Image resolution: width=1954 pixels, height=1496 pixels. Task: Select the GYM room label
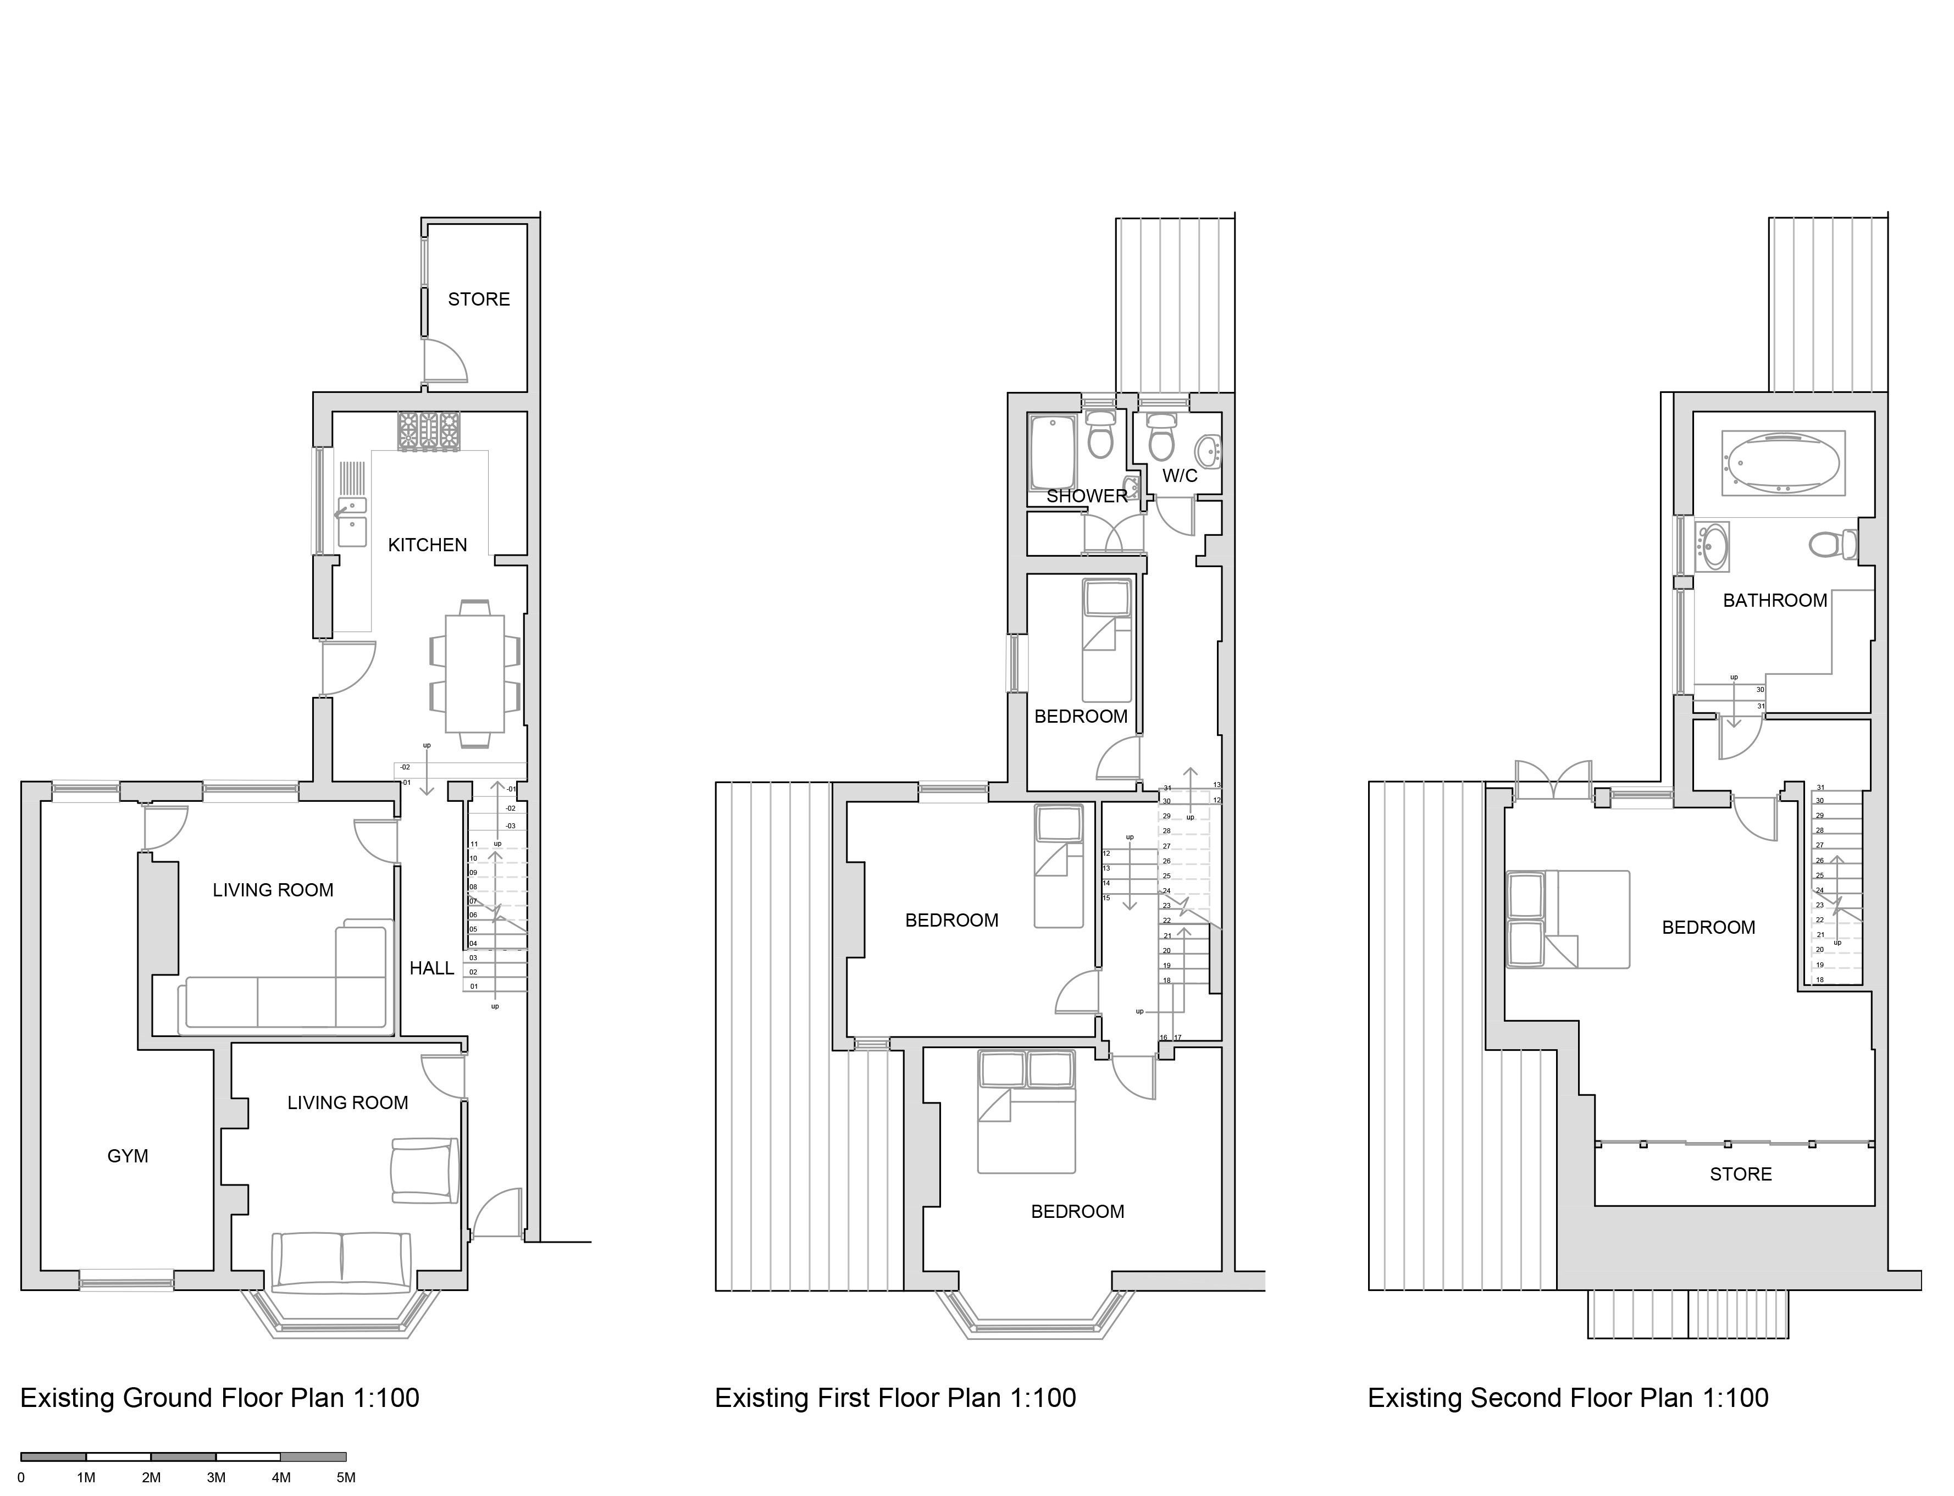click(128, 1156)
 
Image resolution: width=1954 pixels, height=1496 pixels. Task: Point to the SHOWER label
click(1087, 496)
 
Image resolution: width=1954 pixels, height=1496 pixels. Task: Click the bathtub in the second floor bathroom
click(1783, 463)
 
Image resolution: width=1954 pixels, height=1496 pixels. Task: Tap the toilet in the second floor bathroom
click(1831, 543)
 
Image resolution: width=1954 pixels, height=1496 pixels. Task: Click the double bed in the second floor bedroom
click(1568, 920)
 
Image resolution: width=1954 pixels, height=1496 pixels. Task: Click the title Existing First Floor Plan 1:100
click(895, 1398)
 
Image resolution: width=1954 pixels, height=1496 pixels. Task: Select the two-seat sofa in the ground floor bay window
click(341, 1262)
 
